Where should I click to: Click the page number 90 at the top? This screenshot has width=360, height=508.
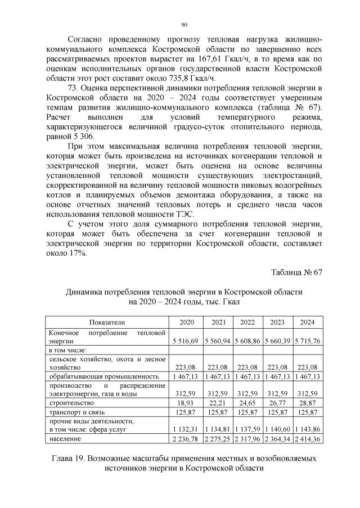[x=184, y=25]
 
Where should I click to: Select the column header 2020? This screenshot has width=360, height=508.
[x=187, y=323]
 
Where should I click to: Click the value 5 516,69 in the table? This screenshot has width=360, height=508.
[x=187, y=341]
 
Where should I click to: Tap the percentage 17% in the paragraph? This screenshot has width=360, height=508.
[x=78, y=253]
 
